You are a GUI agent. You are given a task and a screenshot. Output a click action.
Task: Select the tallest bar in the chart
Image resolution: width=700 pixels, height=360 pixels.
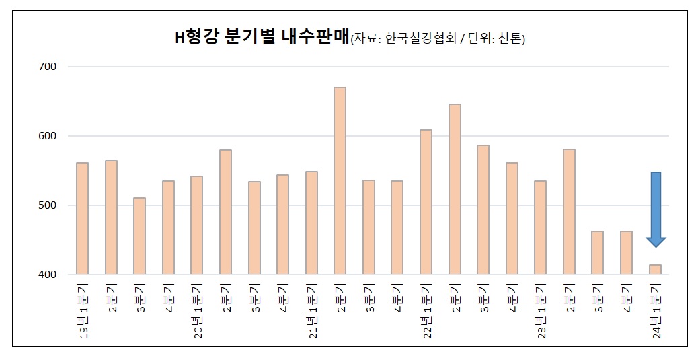(x=340, y=180)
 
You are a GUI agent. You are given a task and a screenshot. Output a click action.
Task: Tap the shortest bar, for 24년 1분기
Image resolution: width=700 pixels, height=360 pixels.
(x=655, y=269)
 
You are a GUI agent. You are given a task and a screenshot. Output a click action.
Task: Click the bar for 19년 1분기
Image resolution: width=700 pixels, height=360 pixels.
(x=83, y=219)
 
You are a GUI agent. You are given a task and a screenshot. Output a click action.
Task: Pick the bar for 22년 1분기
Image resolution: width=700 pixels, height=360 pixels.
(x=426, y=202)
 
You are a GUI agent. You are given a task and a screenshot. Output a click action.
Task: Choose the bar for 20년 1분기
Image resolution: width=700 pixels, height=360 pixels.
(x=197, y=225)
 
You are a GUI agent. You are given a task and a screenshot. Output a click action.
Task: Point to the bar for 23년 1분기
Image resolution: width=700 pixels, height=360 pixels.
(x=540, y=227)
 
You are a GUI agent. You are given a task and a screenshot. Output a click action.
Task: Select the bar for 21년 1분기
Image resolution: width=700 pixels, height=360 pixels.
(x=311, y=223)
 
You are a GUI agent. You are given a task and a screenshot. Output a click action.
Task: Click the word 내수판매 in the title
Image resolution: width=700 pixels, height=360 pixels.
(x=315, y=37)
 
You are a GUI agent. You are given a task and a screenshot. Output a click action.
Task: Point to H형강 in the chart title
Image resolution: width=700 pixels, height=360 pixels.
(x=196, y=37)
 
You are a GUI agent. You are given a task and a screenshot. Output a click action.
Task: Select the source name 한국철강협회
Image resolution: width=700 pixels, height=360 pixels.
(x=420, y=38)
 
